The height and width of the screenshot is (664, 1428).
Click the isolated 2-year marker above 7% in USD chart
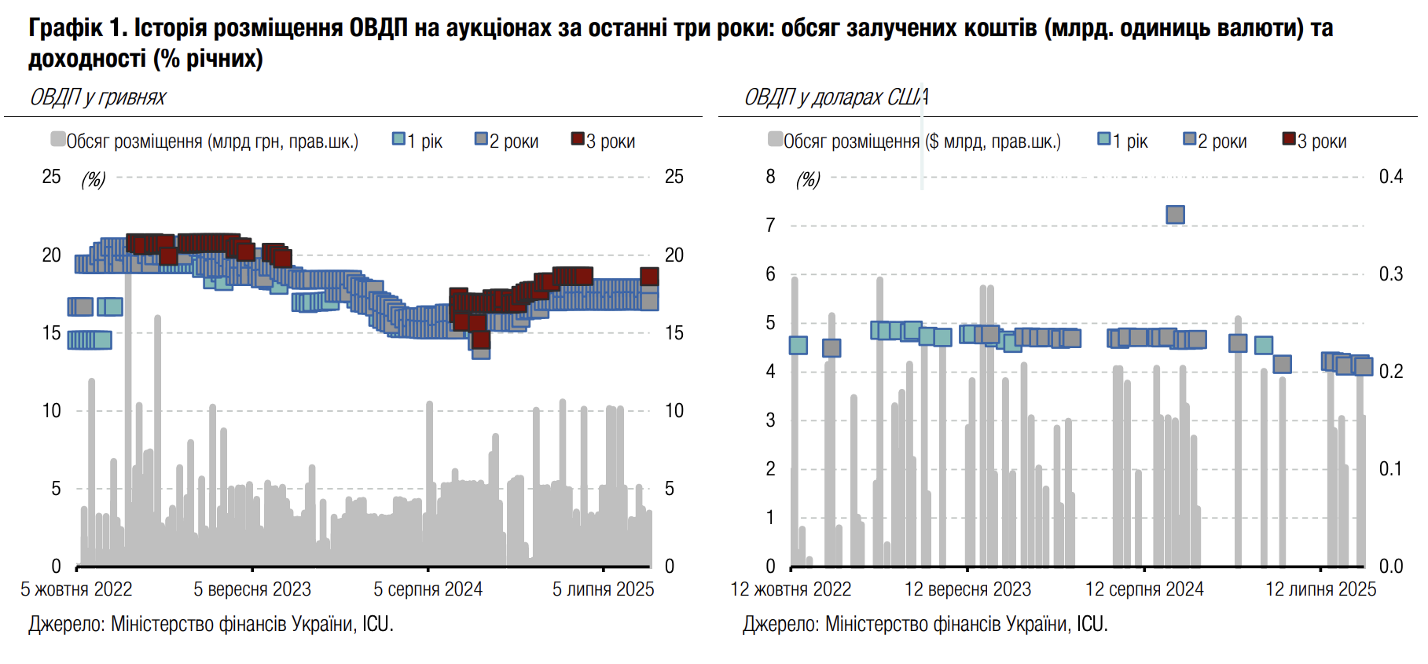1175,215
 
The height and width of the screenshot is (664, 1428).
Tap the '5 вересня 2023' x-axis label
252,589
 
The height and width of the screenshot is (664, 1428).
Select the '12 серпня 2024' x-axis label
1144,589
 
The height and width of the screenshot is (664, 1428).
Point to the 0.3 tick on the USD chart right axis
1390,274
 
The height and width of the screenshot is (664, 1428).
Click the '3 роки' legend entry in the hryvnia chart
603,141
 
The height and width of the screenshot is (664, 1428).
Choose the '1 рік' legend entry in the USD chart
1123,141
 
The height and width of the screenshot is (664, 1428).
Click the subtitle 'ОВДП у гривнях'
97,97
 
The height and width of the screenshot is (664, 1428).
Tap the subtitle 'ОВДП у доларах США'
836,97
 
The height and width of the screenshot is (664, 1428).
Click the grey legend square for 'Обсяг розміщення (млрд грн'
57,140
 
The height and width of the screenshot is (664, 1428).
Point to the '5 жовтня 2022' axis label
76,589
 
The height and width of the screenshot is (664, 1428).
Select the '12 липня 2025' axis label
1320,589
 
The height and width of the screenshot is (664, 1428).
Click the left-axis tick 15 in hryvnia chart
51,333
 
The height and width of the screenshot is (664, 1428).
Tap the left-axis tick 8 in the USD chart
770,177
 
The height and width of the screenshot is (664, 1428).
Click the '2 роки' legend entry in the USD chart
1215,141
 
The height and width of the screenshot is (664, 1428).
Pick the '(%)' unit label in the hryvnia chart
94,180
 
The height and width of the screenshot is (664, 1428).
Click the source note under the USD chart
925,625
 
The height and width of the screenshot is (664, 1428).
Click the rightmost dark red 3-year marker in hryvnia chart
649,276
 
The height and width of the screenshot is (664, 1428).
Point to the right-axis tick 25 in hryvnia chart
674,177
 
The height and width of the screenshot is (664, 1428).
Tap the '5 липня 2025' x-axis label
603,589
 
